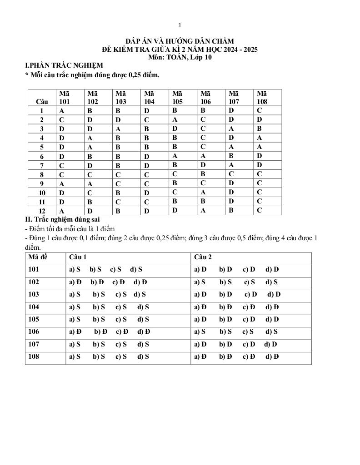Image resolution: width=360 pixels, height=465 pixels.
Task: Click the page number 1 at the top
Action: coord(180,25)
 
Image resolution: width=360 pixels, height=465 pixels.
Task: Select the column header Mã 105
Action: coord(178,97)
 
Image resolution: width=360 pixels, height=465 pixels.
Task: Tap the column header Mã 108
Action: coord(262,97)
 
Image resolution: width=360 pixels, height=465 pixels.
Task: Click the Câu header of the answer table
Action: coord(42,102)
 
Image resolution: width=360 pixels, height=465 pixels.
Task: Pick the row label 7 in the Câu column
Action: coord(42,165)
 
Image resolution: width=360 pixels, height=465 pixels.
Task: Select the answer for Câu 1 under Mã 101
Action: coord(61,111)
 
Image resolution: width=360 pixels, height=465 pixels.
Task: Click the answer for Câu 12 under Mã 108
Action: coord(259,210)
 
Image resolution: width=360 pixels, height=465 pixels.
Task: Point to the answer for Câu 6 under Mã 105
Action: coord(175,155)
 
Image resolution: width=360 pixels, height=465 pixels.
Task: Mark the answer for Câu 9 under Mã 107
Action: coord(231,183)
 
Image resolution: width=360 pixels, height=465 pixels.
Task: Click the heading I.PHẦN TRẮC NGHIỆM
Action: coord(64,65)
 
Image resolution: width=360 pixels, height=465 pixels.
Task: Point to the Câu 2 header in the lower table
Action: coord(203,257)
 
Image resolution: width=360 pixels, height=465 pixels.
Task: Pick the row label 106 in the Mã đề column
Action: coord(34,332)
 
